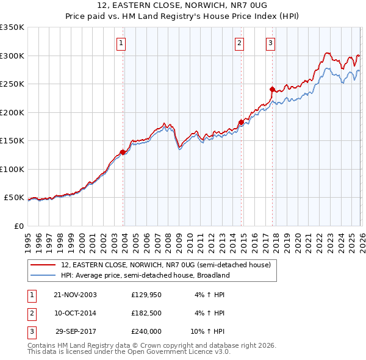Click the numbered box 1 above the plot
[122, 43]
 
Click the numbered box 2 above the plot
[239, 43]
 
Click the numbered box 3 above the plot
[270, 43]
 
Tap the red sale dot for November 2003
[123, 152]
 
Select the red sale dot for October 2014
[241, 122]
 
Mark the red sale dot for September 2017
[272, 89]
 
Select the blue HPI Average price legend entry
[145, 275]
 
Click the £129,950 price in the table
[146, 295]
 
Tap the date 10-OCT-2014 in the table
[74, 313]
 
